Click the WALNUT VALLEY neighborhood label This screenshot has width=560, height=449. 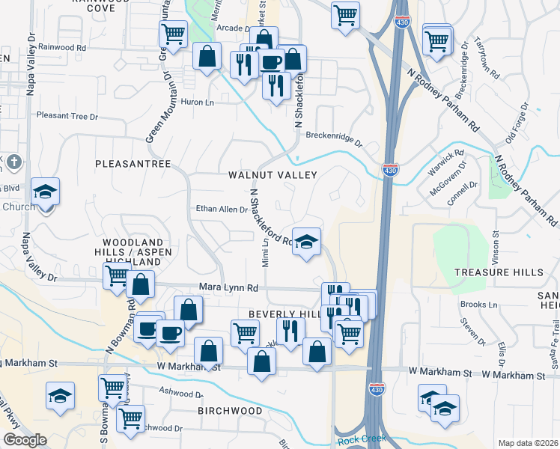pos(273,175)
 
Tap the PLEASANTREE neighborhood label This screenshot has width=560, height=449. pos(133,163)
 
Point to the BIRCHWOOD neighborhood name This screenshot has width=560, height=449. pos(227,412)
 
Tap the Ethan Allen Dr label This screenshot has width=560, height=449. pos(222,210)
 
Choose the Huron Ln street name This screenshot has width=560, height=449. pos(198,102)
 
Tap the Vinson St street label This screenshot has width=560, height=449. pos(496,236)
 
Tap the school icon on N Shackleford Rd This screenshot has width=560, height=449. pos(305,242)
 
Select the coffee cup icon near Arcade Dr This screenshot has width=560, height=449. pos(272,62)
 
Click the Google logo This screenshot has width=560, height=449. pos(25,440)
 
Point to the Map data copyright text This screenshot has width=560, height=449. pos(528,443)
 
